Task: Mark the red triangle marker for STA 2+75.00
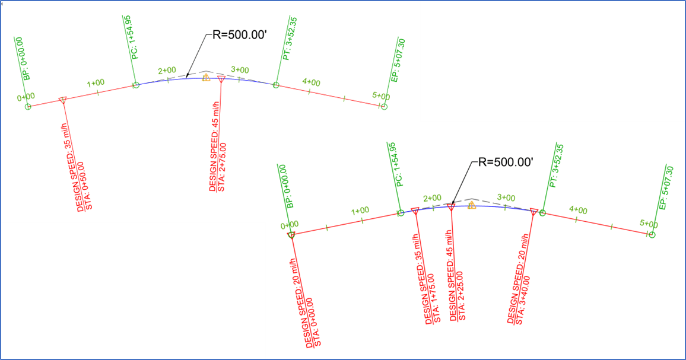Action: (221, 79)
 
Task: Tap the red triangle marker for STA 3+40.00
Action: (533, 211)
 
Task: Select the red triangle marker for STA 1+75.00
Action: (415, 211)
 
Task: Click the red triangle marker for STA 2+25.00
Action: (451, 207)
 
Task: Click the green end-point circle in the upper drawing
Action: (384, 107)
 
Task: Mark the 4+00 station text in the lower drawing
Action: (577, 211)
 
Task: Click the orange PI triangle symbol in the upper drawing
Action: (206, 78)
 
